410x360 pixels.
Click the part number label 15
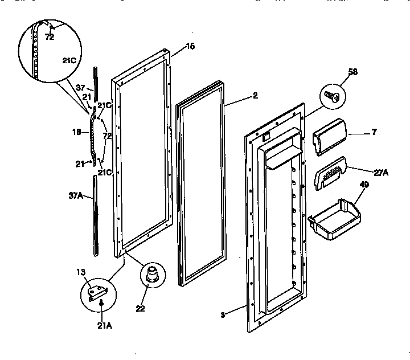pyautogui.click(x=190, y=46)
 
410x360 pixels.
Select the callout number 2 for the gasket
pyautogui.click(x=255, y=96)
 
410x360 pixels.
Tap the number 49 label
pyautogui.click(x=365, y=184)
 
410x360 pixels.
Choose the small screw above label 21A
pyautogui.click(x=101, y=304)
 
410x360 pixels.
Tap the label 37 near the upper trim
pyautogui.click(x=80, y=88)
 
